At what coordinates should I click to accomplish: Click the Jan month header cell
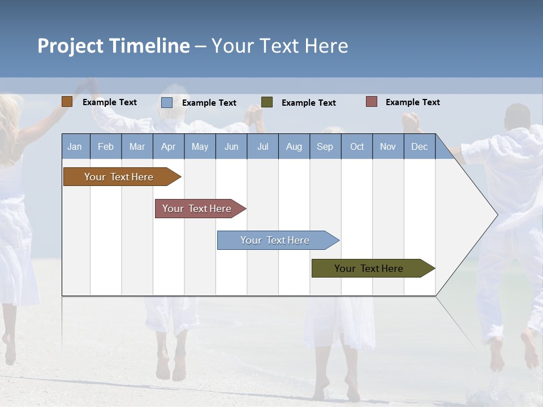75,146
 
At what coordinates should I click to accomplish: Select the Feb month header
106,146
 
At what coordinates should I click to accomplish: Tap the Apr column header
169,146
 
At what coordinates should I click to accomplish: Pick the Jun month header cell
231,146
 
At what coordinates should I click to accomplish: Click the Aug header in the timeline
294,146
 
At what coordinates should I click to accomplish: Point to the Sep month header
325,146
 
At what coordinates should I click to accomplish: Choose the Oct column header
357,146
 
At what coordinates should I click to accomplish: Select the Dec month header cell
420,146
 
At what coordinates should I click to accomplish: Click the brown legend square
67,102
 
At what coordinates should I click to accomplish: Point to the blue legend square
167,102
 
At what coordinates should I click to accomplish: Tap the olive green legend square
267,102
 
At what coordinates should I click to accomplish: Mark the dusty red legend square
372,102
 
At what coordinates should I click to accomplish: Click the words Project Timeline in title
114,46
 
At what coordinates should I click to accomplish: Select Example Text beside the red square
412,102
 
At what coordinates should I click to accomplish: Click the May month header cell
200,146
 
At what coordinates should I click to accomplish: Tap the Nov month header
388,146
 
